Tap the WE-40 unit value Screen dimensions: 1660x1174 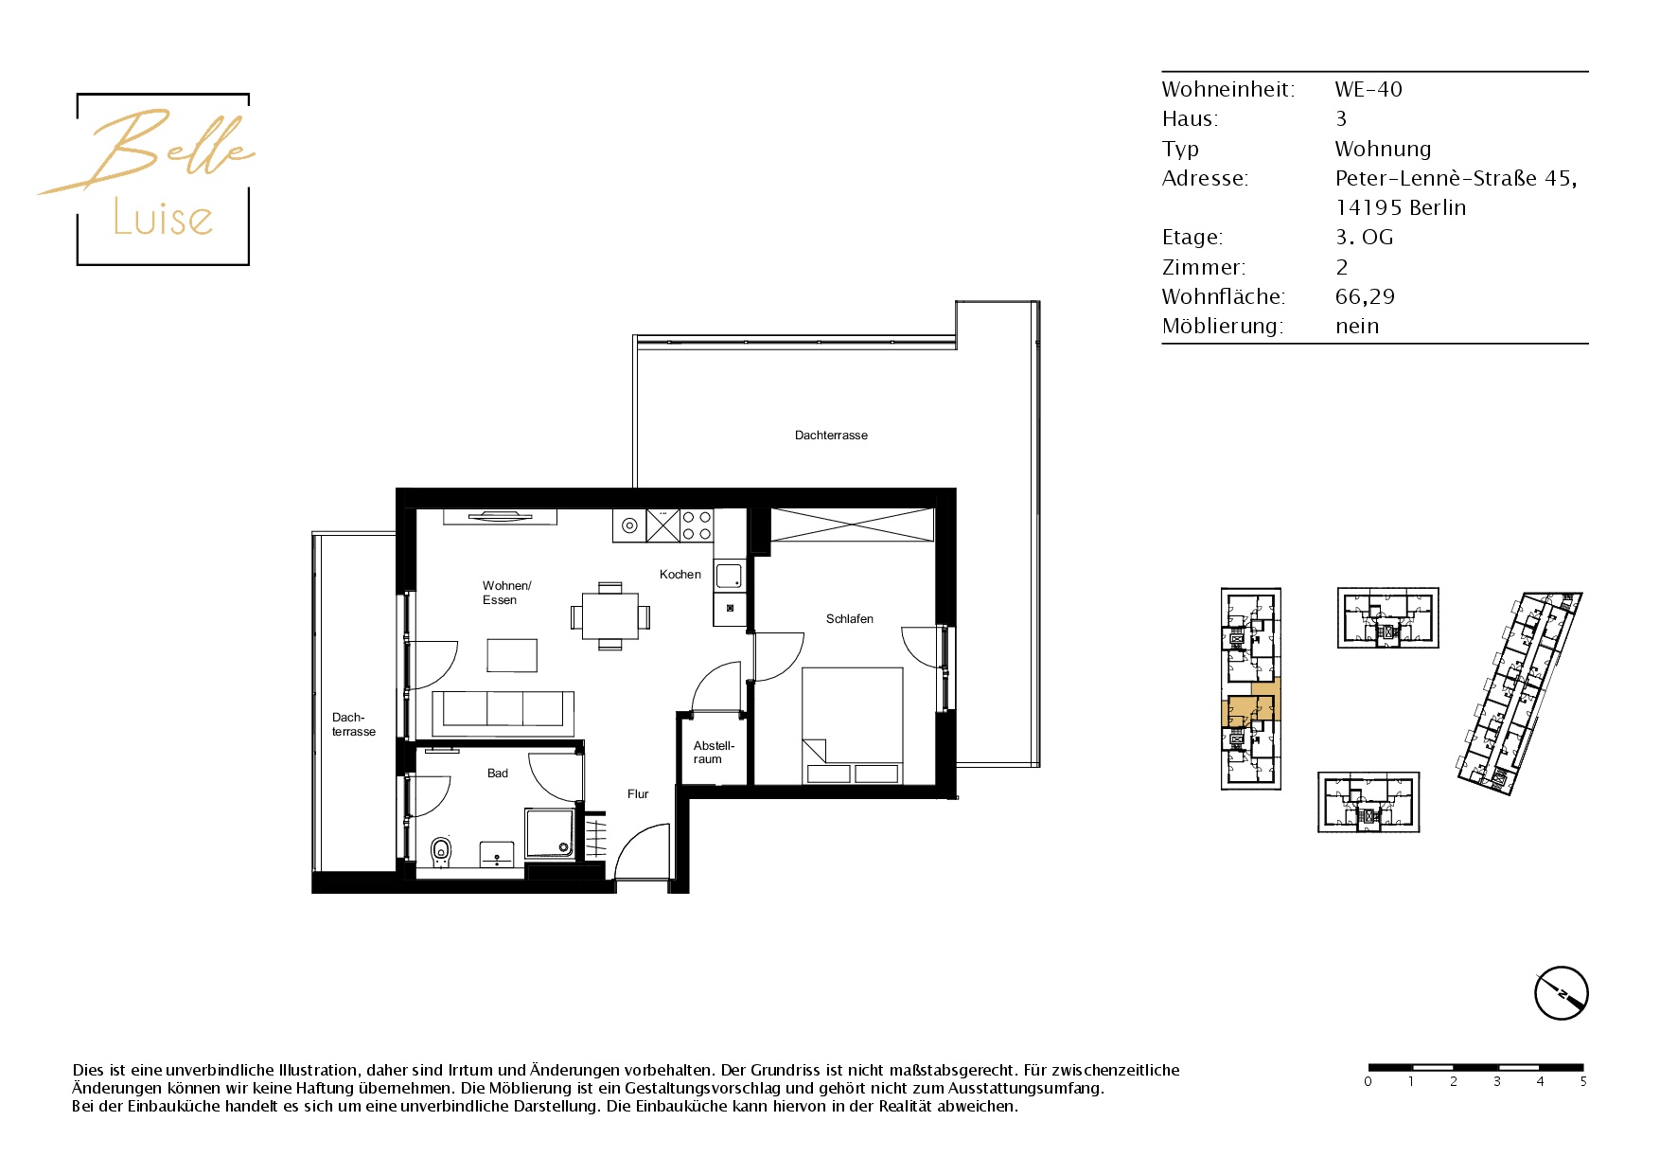[1369, 89]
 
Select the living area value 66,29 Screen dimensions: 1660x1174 [1365, 296]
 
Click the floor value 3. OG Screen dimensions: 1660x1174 [1364, 237]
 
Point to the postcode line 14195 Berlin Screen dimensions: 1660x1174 [1401, 207]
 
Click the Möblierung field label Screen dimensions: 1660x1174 [1223, 326]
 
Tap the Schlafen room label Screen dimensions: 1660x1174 [850, 619]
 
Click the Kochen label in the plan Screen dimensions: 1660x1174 [680, 575]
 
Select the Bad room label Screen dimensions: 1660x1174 [498, 774]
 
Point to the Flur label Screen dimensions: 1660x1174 [638, 794]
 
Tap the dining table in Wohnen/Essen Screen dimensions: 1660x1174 [610, 616]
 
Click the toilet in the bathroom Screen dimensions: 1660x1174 [441, 851]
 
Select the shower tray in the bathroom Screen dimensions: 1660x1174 [550, 833]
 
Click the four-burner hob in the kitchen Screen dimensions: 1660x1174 [697, 525]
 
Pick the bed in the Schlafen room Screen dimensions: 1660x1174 [853, 726]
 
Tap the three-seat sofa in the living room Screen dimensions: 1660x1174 [503, 713]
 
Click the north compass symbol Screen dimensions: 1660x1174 [1561, 993]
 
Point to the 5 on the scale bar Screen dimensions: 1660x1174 [1582, 1081]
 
